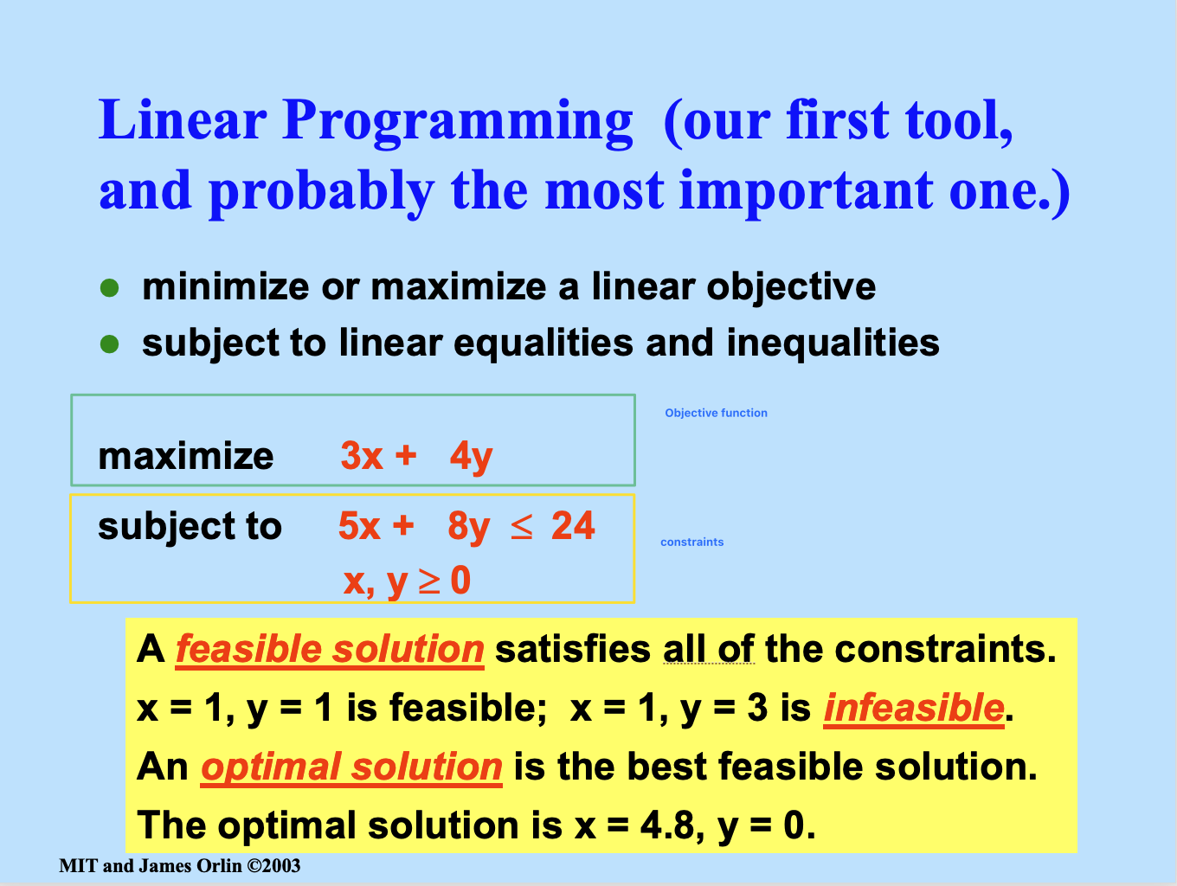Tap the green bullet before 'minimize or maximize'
tap(109, 288)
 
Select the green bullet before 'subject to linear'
tap(109, 343)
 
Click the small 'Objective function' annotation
tap(716, 413)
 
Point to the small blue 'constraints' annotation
tap(691, 542)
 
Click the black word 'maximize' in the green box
tap(185, 457)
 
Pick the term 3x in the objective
tap(362, 456)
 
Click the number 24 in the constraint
tap(573, 525)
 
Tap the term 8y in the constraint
tap(469, 528)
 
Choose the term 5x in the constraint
tap(359, 525)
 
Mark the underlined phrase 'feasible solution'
tap(330, 650)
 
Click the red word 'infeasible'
tap(914, 708)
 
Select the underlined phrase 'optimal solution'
tap(351, 767)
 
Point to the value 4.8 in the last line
tap(667, 825)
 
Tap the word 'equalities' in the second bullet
tap(543, 343)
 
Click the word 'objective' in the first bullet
tap(791, 288)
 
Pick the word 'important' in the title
tap(806, 192)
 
